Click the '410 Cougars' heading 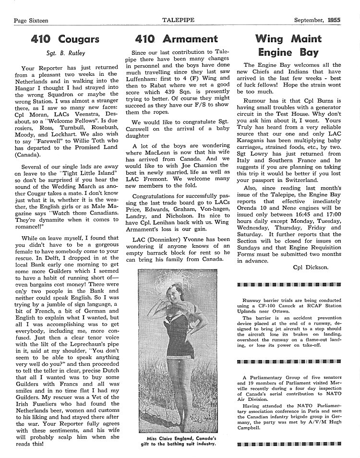click(65, 38)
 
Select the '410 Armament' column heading click(176, 38)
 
